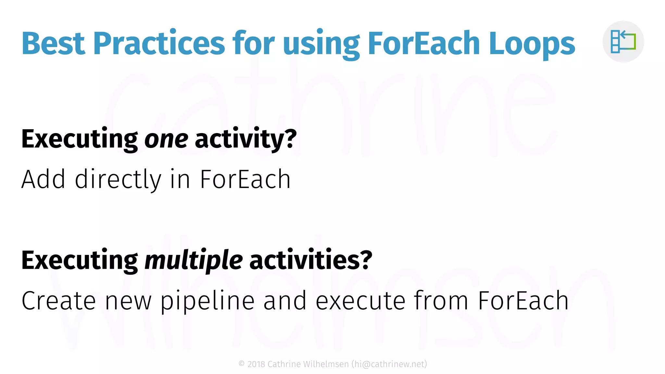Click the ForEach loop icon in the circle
(623, 42)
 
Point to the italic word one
(166, 139)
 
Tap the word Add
(44, 179)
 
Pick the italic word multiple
(194, 260)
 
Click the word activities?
(311, 260)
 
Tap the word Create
(59, 301)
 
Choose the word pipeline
(207, 301)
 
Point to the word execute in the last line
(360, 301)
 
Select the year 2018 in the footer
(256, 364)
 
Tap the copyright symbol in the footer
(242, 364)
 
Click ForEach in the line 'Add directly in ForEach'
(245, 179)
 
